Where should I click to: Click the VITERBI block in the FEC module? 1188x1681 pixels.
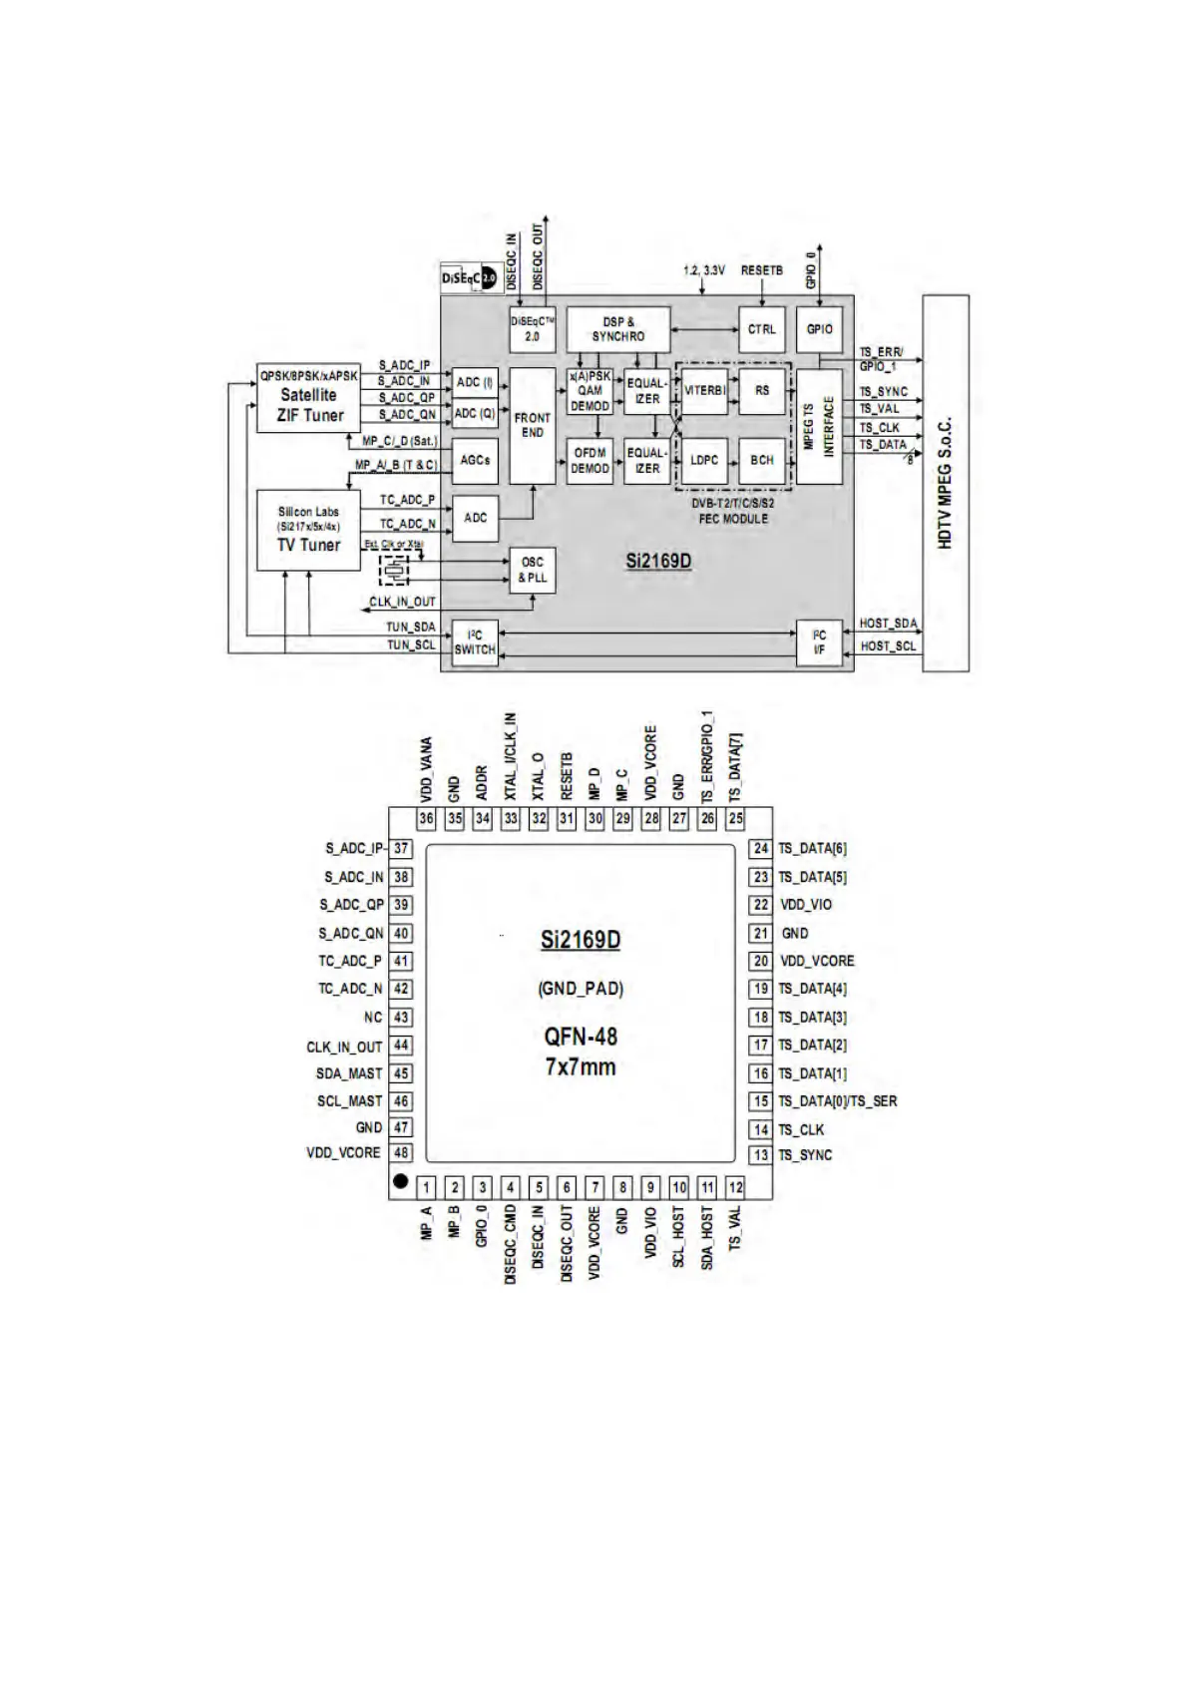tap(704, 391)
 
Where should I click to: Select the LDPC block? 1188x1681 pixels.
tap(704, 460)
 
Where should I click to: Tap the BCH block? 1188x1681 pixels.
tap(762, 460)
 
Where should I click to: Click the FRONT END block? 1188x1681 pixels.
tap(532, 425)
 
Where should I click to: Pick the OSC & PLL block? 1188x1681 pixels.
tap(532, 570)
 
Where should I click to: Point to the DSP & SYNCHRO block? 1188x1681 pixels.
tap(617, 329)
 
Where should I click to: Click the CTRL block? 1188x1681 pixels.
tap(762, 329)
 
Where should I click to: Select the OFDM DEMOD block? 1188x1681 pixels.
tap(590, 460)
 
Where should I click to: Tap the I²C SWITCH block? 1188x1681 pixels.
tap(475, 642)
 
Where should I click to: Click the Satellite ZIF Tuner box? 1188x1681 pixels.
tap(308, 396)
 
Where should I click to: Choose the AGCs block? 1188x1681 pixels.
tap(475, 460)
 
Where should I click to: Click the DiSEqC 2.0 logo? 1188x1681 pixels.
tap(469, 278)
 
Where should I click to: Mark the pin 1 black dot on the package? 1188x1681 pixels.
tap(400, 1180)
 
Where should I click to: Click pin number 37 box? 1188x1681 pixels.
tap(401, 849)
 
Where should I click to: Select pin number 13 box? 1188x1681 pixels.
tap(761, 1155)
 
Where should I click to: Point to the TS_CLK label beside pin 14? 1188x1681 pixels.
tap(801, 1129)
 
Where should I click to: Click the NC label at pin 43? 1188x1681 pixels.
tap(373, 1018)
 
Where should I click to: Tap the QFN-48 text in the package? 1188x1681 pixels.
tap(581, 1037)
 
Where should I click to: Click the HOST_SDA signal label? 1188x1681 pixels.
tap(888, 624)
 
